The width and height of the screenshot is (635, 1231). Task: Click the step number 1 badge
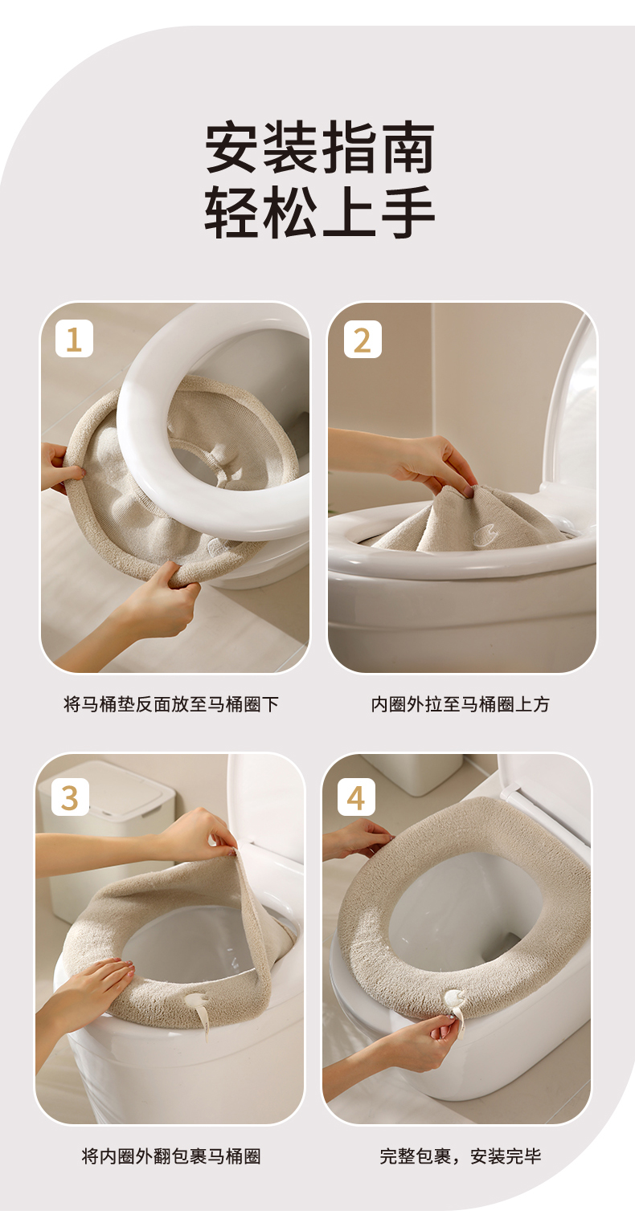click(74, 339)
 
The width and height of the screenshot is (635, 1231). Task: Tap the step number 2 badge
click(363, 339)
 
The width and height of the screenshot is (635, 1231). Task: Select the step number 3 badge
click(70, 797)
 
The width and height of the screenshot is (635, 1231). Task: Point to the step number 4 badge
click(357, 797)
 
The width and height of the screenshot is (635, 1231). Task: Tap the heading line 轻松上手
click(320, 212)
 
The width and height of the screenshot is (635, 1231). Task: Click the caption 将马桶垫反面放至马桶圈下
click(171, 704)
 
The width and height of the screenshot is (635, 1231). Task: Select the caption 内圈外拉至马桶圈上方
click(460, 704)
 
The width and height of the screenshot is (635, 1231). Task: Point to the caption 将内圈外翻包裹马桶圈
click(171, 1156)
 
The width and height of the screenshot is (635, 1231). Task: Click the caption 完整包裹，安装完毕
click(460, 1156)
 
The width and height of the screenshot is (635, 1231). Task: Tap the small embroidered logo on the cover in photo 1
click(217, 546)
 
